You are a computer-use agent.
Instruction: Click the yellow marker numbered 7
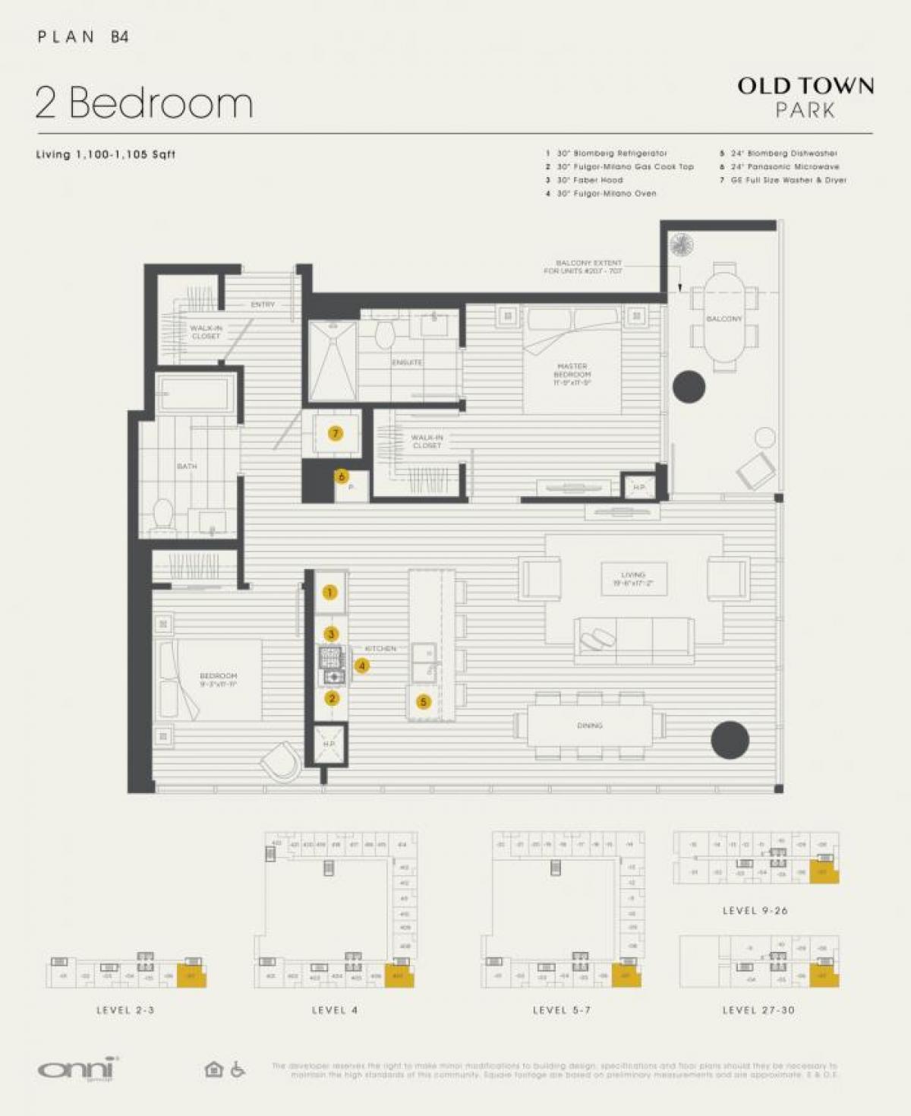click(335, 433)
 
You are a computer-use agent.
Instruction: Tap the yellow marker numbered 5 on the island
click(424, 702)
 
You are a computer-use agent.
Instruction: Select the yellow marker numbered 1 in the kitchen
click(329, 593)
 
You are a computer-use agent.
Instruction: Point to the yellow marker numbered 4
click(362, 665)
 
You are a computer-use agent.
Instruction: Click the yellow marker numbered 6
click(342, 476)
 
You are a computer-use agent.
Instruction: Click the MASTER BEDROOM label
click(572, 374)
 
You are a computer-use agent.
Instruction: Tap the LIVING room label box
click(633, 579)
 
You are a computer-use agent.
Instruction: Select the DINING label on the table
click(590, 726)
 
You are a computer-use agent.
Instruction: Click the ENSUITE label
click(407, 362)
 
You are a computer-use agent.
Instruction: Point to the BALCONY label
click(723, 319)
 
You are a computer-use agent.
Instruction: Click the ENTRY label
click(263, 305)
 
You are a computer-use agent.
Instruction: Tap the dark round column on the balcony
click(689, 386)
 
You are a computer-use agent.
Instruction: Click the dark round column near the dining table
click(730, 739)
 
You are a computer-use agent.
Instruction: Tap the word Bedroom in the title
click(161, 103)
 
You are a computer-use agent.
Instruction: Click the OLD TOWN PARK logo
click(805, 96)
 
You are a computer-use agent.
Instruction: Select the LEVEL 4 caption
click(334, 1010)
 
